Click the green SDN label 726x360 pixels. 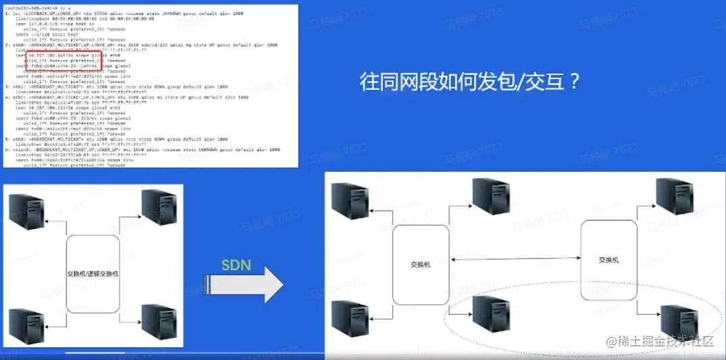236,266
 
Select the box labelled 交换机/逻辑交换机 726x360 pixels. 93,274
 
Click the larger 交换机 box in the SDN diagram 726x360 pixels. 421,265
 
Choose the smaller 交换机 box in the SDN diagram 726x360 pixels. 608,260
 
